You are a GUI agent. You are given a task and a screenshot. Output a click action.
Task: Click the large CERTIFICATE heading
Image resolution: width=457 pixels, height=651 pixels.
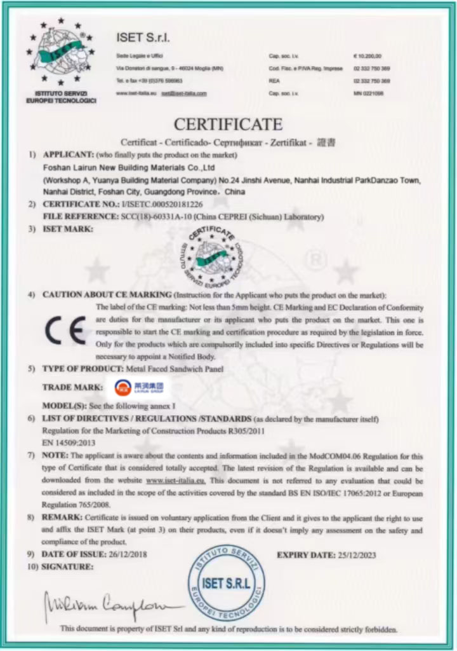[x=228, y=123]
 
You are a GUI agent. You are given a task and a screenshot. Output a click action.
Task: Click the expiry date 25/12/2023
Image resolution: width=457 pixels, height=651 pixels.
[x=353, y=555]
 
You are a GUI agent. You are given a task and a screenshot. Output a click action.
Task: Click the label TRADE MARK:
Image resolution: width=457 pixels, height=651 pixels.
[x=72, y=387]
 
